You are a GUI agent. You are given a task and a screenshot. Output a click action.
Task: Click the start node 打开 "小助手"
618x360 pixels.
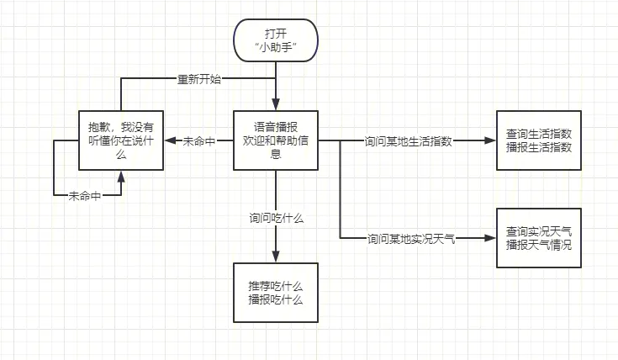point(276,40)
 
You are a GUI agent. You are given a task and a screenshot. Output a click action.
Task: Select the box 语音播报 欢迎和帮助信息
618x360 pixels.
point(276,140)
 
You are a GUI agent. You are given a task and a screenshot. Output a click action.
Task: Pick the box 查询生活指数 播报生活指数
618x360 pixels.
point(539,140)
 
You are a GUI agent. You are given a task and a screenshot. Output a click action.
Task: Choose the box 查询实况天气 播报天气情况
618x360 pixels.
point(539,237)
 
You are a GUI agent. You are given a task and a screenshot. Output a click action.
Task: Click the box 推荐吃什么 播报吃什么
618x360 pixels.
point(276,292)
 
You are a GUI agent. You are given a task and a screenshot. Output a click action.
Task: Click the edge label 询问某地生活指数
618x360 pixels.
point(408,141)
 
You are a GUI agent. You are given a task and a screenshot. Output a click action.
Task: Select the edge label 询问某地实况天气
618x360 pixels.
point(411,239)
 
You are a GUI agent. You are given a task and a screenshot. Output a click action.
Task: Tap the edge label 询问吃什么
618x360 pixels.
point(276,217)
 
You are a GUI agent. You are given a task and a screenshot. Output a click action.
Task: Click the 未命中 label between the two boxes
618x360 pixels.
point(199,141)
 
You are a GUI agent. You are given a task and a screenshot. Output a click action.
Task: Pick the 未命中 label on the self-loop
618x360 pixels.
point(84,195)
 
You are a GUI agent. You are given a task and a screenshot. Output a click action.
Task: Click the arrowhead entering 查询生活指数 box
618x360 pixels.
point(491,141)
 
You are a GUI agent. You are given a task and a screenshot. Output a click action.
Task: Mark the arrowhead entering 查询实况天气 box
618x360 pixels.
point(491,239)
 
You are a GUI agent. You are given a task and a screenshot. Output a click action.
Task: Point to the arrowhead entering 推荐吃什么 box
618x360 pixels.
point(276,257)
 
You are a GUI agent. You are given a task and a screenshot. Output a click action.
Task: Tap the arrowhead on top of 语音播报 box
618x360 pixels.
point(276,106)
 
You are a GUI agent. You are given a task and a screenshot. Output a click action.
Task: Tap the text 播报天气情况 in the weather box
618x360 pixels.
point(539,245)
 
